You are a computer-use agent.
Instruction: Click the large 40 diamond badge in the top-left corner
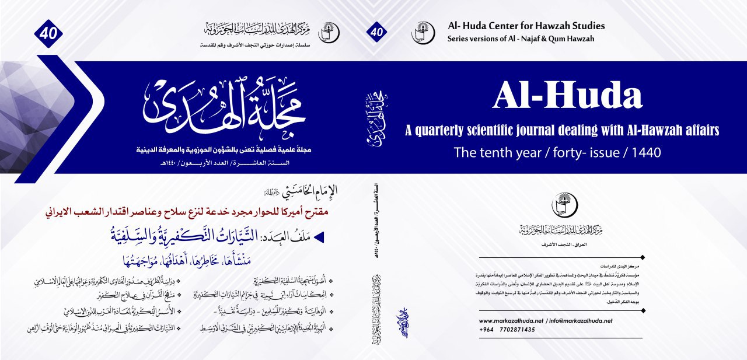48,33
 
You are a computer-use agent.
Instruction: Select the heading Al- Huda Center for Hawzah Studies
526,26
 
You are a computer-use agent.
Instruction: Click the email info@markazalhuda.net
584,321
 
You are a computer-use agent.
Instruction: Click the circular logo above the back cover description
563,204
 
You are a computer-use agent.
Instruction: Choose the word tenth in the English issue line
493,153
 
